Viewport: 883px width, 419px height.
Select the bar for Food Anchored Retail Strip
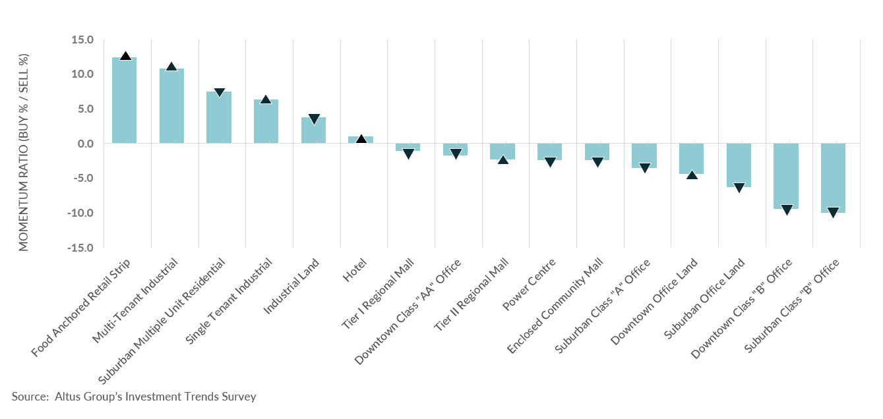(124, 100)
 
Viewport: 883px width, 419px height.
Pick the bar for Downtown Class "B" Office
(786, 176)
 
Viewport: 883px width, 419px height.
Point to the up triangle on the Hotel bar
(361, 139)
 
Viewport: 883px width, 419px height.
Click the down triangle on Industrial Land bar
(314, 119)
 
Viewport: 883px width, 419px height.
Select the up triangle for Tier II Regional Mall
(502, 159)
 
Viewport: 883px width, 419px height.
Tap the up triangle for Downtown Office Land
(692, 175)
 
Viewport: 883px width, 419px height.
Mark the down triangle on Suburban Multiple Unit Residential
(219, 93)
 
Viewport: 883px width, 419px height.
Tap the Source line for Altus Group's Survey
(134, 397)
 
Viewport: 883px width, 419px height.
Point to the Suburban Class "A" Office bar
(644, 155)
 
